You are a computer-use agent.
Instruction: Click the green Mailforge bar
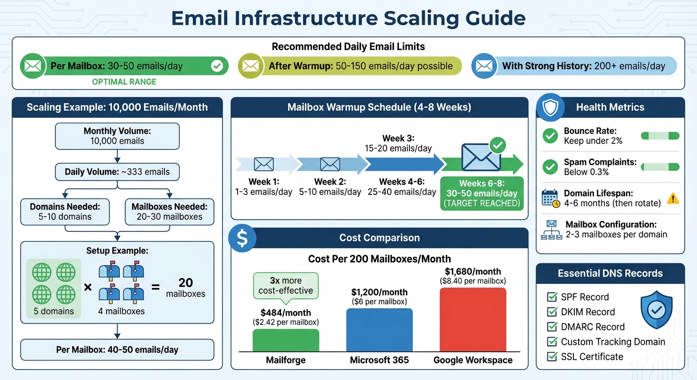pyautogui.click(x=286, y=340)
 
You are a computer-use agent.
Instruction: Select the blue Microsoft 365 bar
pyautogui.click(x=379, y=330)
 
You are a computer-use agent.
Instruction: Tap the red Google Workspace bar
pyautogui.click(x=473, y=319)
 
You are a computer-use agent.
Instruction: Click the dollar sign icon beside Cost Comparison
pyautogui.click(x=242, y=238)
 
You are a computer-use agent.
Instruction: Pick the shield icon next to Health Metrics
pyautogui.click(x=550, y=107)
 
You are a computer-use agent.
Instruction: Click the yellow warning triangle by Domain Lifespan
pyautogui.click(x=673, y=198)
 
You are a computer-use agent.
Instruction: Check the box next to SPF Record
pyautogui.click(x=551, y=297)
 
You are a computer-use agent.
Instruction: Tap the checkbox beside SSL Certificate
pyautogui.click(x=551, y=356)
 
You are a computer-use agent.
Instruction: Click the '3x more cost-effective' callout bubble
pyautogui.click(x=286, y=285)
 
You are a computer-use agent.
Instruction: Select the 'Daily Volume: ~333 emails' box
pyautogui.click(x=117, y=172)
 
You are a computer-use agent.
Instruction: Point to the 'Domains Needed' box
pyautogui.click(x=65, y=211)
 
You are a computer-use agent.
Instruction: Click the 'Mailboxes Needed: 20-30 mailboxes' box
pyautogui.click(x=169, y=211)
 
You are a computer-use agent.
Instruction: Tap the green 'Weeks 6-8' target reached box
pyautogui.click(x=482, y=193)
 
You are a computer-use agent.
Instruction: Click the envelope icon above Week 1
pyautogui.click(x=263, y=164)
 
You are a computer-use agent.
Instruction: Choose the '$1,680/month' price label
pyautogui.click(x=473, y=272)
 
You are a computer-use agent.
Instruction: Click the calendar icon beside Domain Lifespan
pyautogui.click(x=550, y=198)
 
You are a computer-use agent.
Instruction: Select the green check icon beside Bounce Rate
pyautogui.click(x=550, y=136)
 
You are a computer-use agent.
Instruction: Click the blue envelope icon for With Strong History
pyautogui.click(x=484, y=66)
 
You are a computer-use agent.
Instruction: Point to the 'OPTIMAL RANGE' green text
pyautogui.click(x=124, y=82)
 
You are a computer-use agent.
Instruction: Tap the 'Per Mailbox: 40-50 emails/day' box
pyautogui.click(x=117, y=349)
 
